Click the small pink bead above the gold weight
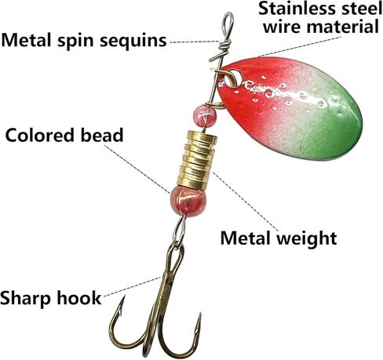click(205, 116)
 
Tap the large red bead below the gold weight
click(188, 201)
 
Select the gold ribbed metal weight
click(197, 160)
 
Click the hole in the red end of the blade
click(235, 78)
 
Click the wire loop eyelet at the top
click(228, 25)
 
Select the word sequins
click(133, 42)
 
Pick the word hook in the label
click(79, 297)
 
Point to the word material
click(343, 27)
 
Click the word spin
click(76, 42)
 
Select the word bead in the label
click(102, 135)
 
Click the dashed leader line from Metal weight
click(246, 202)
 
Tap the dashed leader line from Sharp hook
click(132, 287)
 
